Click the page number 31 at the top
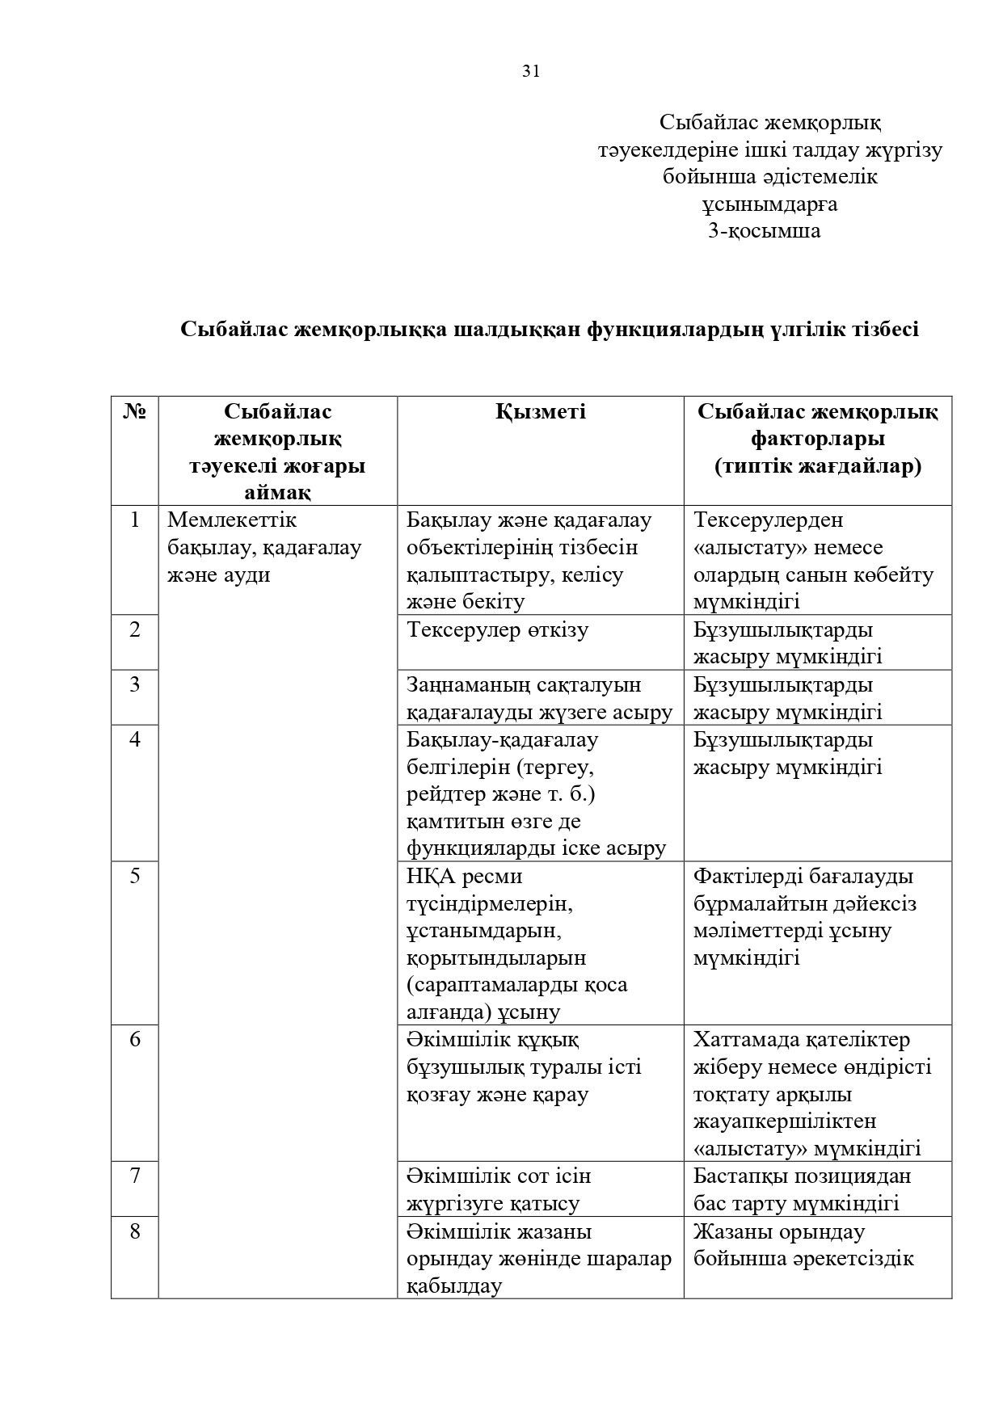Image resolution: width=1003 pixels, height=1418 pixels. tap(531, 71)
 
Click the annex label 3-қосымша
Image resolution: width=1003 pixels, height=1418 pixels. tap(764, 231)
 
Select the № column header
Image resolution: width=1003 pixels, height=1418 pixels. tap(135, 412)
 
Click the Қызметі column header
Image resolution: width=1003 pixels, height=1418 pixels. tap(541, 412)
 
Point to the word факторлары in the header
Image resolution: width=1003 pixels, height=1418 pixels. tap(817, 439)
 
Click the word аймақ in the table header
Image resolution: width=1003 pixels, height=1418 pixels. tap(277, 493)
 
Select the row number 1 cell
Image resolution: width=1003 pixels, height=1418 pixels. tap(135, 520)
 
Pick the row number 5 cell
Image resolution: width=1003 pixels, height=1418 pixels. tap(135, 876)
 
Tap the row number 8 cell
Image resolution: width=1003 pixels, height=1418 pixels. tap(135, 1231)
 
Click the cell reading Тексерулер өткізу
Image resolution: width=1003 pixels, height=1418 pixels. tap(498, 630)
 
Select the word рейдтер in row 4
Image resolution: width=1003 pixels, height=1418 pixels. tap(445, 794)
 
